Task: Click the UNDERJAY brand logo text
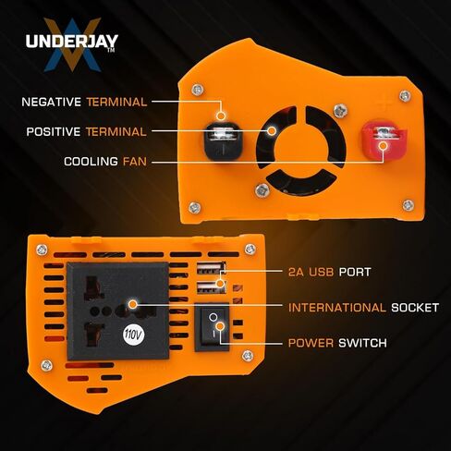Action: [x=72, y=42]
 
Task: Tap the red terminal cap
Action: [x=384, y=140]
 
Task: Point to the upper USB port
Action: [x=212, y=267]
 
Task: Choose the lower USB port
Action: [x=212, y=287]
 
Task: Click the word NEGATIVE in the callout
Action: [x=52, y=102]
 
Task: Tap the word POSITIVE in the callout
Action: [x=54, y=132]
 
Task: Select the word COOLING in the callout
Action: [x=91, y=162]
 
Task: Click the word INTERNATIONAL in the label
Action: [x=337, y=308]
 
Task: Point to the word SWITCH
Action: [x=362, y=343]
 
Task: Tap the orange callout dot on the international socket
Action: [x=132, y=304]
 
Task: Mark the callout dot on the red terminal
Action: [x=384, y=146]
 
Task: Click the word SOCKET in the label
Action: [x=415, y=308]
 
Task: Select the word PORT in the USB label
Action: [x=355, y=272]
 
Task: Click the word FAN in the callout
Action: [x=135, y=162]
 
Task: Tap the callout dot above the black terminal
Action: [x=221, y=116]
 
